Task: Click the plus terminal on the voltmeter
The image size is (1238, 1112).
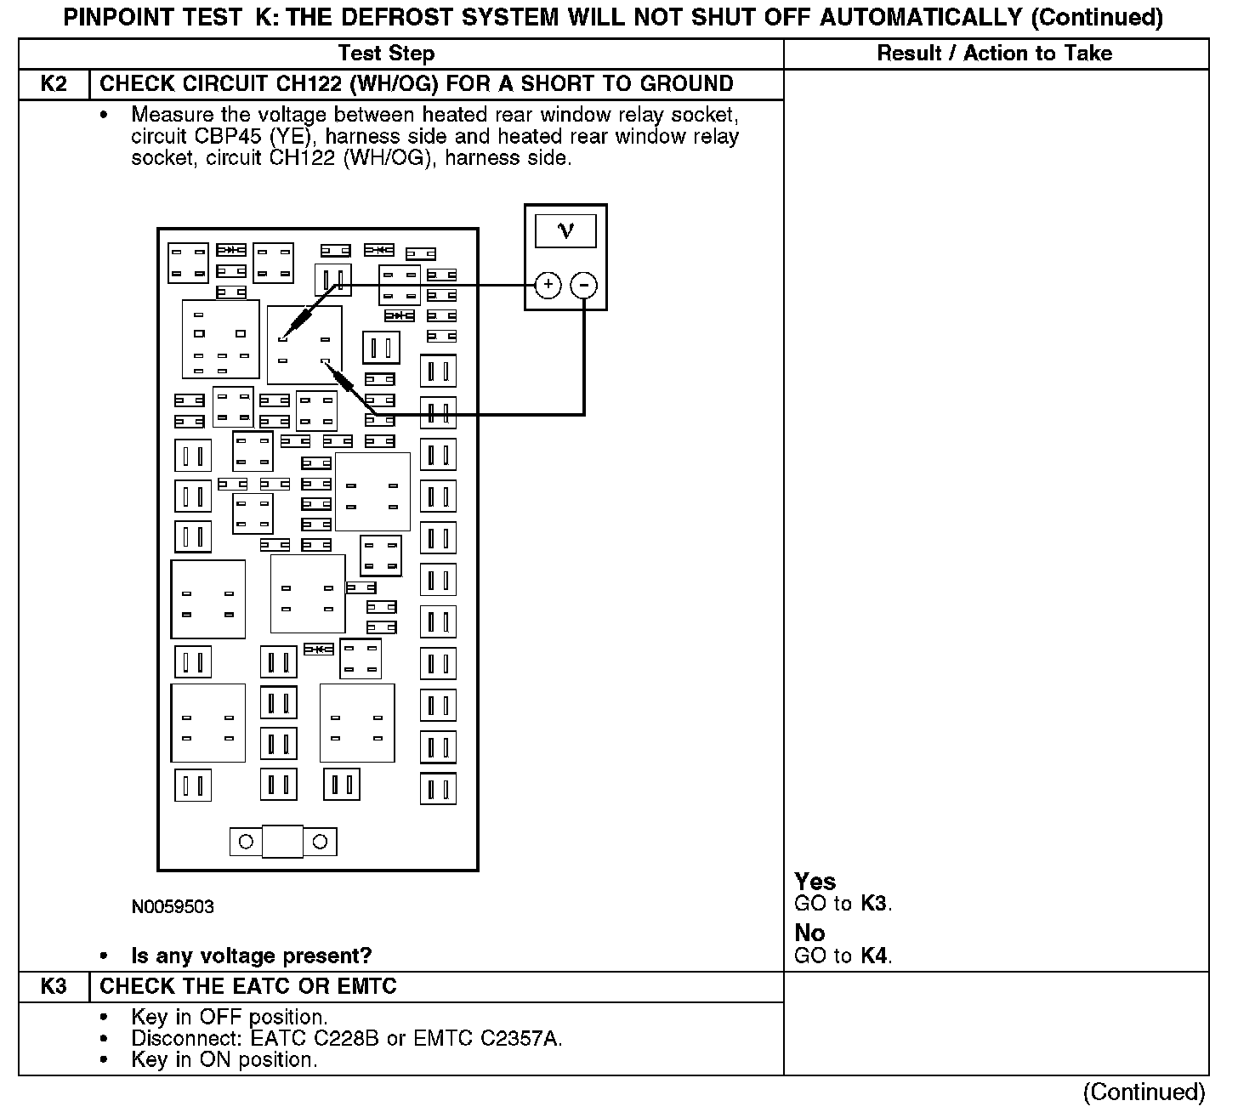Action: point(548,285)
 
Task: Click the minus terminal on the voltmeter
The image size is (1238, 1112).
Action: point(583,285)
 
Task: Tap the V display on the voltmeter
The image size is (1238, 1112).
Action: point(565,230)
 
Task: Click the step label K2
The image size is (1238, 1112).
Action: point(54,84)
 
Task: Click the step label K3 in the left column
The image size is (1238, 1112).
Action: point(54,987)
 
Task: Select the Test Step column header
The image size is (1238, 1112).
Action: point(386,54)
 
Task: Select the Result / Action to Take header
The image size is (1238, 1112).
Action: point(994,54)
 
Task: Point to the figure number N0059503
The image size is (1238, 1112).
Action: point(173,907)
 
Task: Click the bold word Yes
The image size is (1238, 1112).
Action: point(815,882)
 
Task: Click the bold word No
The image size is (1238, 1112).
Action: point(809,933)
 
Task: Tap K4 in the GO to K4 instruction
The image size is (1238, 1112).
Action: point(874,956)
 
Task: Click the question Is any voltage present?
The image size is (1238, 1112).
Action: point(251,956)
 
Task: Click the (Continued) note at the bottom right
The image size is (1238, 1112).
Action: point(1144,1092)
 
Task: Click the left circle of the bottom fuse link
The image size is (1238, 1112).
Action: point(246,842)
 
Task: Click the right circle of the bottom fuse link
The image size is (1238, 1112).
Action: point(321,842)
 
